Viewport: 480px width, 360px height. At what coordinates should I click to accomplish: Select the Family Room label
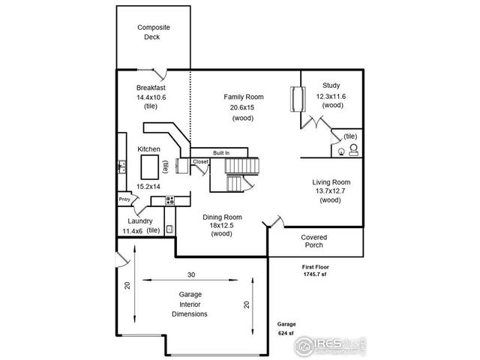(243, 97)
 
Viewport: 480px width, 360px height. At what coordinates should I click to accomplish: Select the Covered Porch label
(313, 241)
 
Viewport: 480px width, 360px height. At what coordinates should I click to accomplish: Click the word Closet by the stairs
(200, 161)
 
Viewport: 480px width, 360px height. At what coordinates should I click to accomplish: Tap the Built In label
(220, 152)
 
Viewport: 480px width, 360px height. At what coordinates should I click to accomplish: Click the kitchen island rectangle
(152, 164)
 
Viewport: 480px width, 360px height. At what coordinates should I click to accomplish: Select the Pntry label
(124, 199)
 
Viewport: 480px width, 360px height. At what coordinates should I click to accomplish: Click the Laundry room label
(139, 221)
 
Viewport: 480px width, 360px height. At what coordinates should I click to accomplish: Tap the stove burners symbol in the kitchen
(170, 200)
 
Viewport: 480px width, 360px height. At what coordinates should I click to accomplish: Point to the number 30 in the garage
(191, 274)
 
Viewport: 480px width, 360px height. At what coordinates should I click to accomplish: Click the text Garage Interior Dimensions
(188, 304)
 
